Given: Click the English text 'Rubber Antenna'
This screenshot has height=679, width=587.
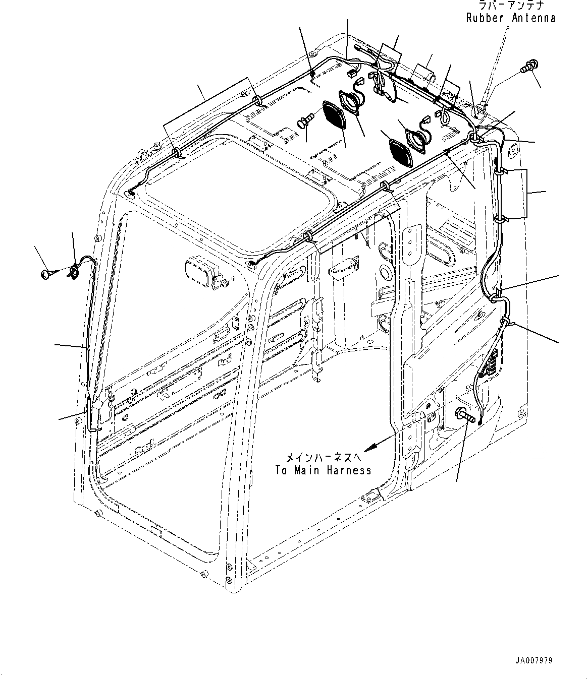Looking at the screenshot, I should pos(510,18).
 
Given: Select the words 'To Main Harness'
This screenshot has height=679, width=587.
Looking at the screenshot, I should pos(323,470).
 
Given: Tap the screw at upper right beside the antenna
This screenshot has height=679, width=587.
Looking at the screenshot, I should pos(528,65).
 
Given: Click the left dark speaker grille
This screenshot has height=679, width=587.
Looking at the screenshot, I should pos(333,115).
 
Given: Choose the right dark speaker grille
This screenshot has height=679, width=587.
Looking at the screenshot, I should pos(401,151).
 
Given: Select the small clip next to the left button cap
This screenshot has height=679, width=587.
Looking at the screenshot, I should pos(73,271).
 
